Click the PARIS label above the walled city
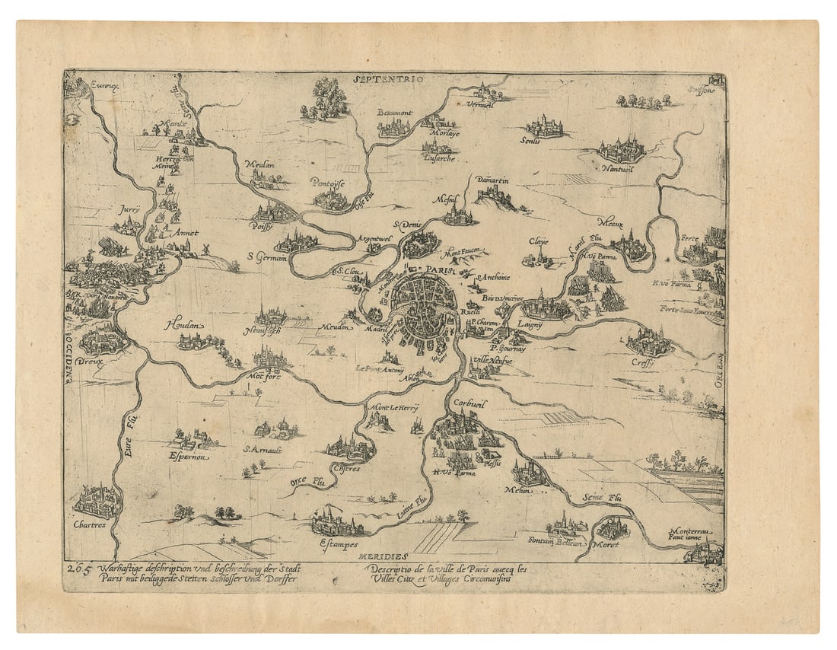pyautogui.click(x=440, y=268)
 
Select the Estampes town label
pyautogui.click(x=334, y=542)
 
